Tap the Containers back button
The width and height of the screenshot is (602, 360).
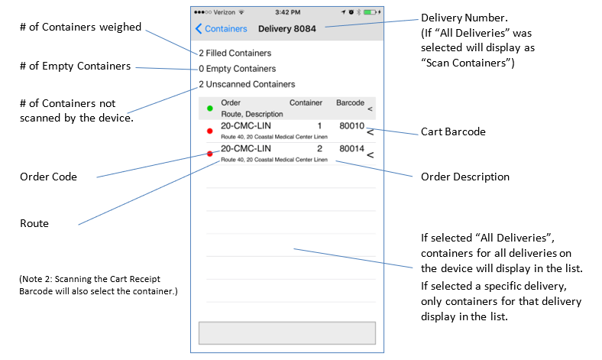222,29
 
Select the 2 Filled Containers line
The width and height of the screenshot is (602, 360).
235,54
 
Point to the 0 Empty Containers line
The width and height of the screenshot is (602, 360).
237,69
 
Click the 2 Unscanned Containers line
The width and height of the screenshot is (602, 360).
247,84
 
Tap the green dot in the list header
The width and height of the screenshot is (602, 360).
210,108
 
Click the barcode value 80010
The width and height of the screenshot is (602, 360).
352,125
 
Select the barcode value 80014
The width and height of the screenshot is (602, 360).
352,148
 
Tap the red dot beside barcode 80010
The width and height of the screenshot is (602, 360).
210,131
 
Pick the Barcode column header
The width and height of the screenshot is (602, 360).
350,102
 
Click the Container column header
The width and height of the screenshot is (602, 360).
307,102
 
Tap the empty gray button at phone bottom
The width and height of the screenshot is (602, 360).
286,333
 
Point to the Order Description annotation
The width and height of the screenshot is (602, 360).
465,177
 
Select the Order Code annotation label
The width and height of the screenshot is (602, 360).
48,177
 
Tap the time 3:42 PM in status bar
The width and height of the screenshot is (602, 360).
287,12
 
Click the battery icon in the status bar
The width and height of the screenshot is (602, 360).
371,12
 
